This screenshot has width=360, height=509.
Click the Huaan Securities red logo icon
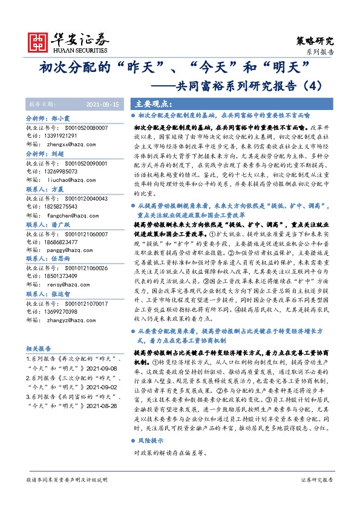click(x=40, y=41)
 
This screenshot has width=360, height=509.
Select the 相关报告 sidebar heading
click(x=39, y=349)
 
